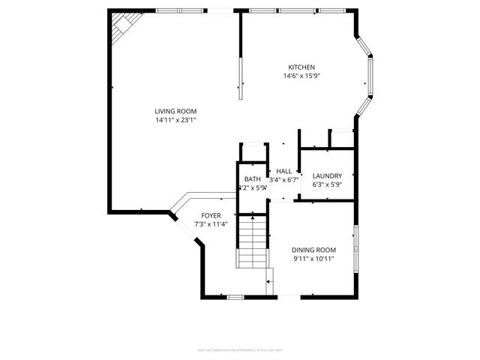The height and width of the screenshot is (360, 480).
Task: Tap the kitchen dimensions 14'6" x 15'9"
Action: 302,76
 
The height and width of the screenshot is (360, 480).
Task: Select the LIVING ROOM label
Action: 176,111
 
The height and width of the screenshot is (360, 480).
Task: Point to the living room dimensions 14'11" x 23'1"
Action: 176,120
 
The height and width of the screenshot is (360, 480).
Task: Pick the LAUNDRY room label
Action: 327,175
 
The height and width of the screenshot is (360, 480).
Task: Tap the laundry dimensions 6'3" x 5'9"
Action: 327,184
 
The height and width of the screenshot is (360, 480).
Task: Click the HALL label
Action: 284,171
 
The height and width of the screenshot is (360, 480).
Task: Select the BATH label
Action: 252,179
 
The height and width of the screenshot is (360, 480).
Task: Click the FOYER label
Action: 211,215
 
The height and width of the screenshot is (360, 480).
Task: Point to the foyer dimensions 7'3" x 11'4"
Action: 211,224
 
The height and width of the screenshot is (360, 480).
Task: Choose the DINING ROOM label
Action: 313,250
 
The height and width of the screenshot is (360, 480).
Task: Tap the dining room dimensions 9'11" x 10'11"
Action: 313,259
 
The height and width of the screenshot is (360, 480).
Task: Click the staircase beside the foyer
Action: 253,241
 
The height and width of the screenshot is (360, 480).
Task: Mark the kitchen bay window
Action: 367,75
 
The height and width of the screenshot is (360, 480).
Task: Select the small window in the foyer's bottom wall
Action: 235,297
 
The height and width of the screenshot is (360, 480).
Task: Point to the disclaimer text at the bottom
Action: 239,349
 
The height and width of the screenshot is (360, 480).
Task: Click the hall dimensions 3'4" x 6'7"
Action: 284,180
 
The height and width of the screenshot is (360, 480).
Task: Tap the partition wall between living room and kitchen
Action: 241,56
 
